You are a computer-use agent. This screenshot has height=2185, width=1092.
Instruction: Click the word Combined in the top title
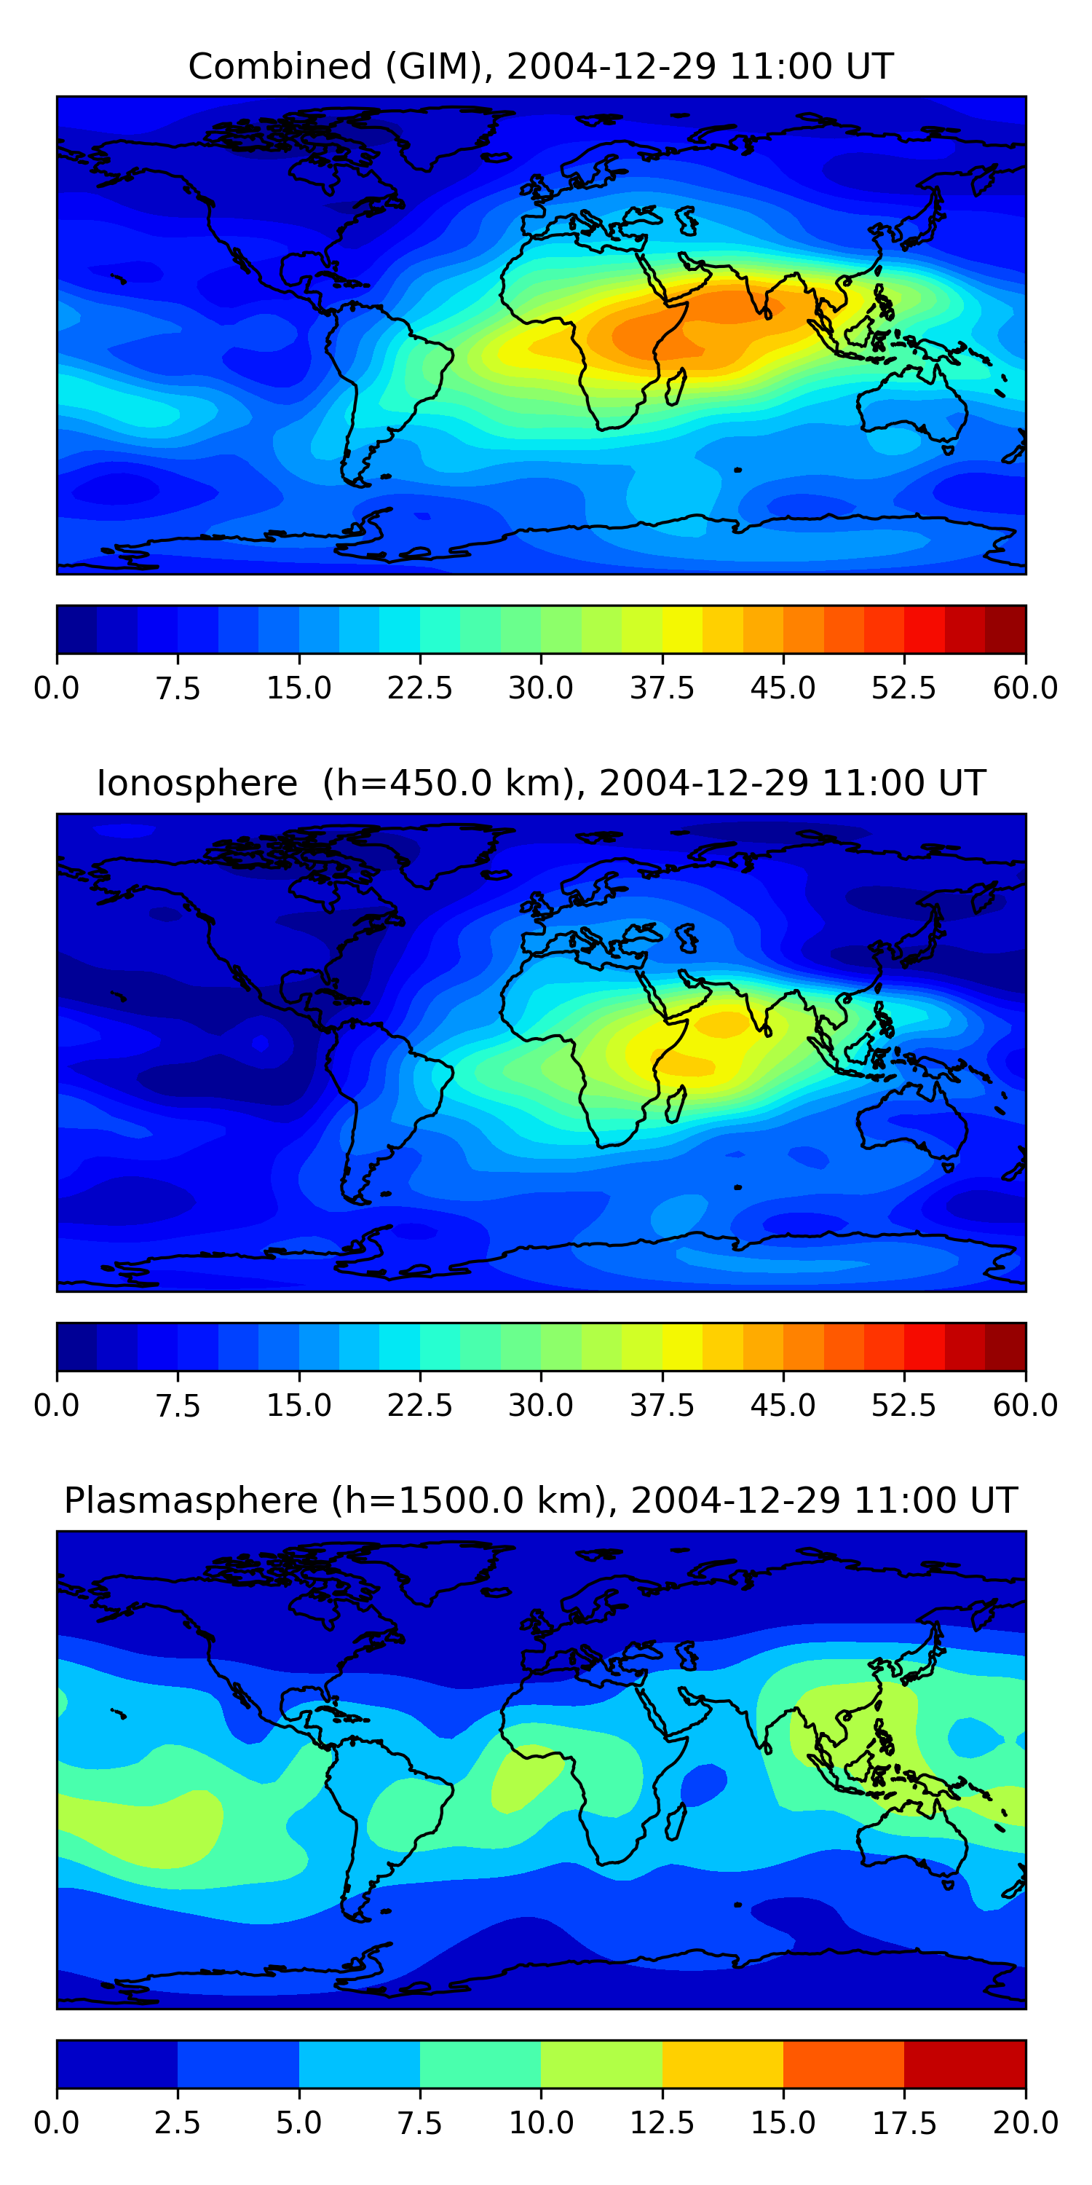pyautogui.click(x=280, y=66)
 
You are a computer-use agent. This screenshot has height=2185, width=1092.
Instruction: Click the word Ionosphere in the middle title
pyautogui.click(x=197, y=783)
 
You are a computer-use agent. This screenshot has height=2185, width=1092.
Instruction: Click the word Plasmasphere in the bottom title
pyautogui.click(x=191, y=1500)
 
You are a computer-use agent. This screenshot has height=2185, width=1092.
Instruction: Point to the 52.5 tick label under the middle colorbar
pyautogui.click(x=903, y=1406)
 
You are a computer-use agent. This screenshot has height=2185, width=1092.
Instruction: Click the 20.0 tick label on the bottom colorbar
pyautogui.click(x=1025, y=2123)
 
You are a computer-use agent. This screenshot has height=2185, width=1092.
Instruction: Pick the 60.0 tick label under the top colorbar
pyautogui.click(x=1025, y=688)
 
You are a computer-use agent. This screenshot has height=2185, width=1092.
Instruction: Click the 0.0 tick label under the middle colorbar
pyautogui.click(x=57, y=1406)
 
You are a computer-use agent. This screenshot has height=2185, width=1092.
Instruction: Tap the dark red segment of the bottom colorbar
pyautogui.click(x=965, y=2063)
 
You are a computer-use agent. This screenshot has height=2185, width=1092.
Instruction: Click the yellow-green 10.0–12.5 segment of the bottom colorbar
pyautogui.click(x=601, y=2063)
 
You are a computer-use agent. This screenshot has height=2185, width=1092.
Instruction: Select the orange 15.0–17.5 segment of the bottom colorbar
pyautogui.click(x=844, y=2063)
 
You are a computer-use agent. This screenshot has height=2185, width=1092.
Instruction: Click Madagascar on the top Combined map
pyautogui.click(x=676, y=387)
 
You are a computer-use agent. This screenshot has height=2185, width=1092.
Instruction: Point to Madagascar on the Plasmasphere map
pyautogui.click(x=676, y=1822)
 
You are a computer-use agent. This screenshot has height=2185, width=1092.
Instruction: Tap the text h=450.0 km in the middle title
pyautogui.click(x=454, y=783)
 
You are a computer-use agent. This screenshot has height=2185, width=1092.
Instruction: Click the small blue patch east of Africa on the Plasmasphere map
pyautogui.click(x=704, y=1784)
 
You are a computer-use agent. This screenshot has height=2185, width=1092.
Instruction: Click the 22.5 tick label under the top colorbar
pyautogui.click(x=419, y=688)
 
